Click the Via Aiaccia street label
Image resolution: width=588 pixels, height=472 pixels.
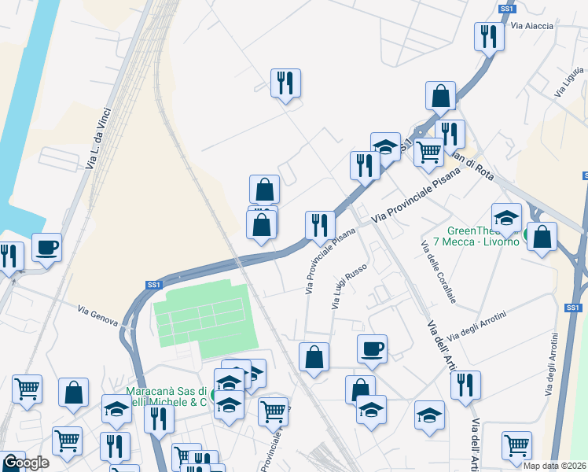click(x=532, y=26)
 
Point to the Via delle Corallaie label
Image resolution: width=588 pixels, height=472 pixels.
click(x=439, y=273)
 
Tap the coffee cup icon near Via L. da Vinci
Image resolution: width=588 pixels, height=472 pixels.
click(x=46, y=248)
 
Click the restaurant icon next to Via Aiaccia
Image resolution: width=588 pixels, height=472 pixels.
click(x=489, y=35)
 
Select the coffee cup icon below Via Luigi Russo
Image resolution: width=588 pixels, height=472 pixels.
click(x=372, y=348)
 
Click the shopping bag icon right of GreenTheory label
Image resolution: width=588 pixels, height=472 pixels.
click(x=542, y=236)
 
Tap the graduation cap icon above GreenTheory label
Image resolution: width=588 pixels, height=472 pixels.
click(x=506, y=216)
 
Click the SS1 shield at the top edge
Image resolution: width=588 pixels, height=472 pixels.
click(x=507, y=9)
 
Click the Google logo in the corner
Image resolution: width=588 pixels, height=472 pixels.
click(x=26, y=463)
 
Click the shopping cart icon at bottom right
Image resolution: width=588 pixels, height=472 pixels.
click(x=517, y=444)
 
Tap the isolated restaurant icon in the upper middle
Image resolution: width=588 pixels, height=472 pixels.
click(x=285, y=82)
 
